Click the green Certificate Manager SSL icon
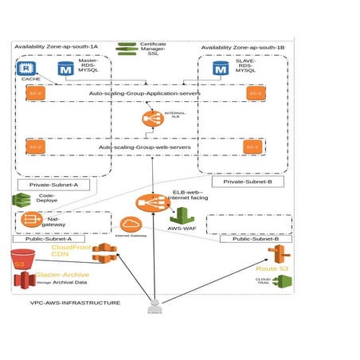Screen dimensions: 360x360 pos(126,49)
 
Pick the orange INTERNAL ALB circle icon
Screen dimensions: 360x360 pos(151,119)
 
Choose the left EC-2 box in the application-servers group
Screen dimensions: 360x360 pos(34,94)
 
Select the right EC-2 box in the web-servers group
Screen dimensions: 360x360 pos(252,147)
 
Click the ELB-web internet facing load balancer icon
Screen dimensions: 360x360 pos(147,203)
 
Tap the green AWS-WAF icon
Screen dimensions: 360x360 pos(182,216)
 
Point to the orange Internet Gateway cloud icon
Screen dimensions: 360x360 pos(131,225)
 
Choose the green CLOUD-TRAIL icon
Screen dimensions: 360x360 pos(284,281)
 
